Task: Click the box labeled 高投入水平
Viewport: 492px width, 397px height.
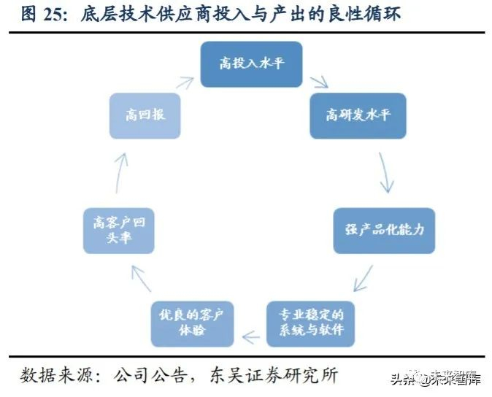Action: pos(251,64)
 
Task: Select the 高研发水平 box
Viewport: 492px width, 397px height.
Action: pos(358,116)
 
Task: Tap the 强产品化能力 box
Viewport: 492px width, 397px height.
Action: pos(384,231)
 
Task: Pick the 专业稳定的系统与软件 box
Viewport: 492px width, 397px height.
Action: pos(311,323)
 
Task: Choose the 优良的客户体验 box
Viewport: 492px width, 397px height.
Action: pos(192,323)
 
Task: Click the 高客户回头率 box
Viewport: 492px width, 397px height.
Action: pos(118,231)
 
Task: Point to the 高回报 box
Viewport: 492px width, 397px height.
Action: pos(145,116)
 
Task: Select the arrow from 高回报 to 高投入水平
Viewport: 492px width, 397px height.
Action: pos(185,82)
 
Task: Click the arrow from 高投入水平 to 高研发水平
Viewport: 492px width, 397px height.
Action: pos(319,82)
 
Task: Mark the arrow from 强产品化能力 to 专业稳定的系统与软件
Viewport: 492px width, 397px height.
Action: pos(363,279)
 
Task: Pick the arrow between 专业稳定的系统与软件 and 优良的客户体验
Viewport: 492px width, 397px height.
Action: pos(251,337)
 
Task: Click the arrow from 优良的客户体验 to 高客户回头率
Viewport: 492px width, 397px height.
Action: pos(141,279)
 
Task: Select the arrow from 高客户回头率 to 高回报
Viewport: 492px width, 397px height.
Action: pos(121,173)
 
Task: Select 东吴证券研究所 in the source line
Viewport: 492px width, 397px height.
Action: pos(274,375)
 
